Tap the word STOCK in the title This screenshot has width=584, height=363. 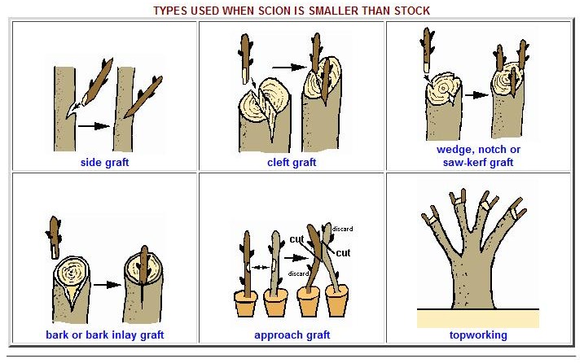click(412, 11)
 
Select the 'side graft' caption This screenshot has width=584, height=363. click(104, 162)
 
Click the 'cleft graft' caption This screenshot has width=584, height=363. click(292, 162)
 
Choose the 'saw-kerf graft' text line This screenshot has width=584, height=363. click(478, 162)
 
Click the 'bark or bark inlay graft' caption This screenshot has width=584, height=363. click(104, 335)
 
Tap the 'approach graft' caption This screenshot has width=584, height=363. click(292, 335)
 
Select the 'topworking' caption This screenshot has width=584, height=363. click(478, 335)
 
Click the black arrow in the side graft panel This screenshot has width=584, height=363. click(94, 126)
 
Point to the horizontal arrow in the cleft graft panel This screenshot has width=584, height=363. click(289, 68)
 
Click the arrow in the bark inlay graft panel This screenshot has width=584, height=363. click(108, 285)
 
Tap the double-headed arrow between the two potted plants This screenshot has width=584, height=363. click(261, 267)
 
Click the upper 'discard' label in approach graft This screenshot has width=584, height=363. click(342, 229)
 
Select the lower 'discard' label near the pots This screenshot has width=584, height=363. click(298, 273)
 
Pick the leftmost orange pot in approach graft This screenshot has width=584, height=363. click(246, 304)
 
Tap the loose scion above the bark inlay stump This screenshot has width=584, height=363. click(54, 238)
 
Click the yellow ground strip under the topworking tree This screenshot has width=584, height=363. click(478, 319)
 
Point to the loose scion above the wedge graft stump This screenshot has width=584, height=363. click(427, 49)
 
